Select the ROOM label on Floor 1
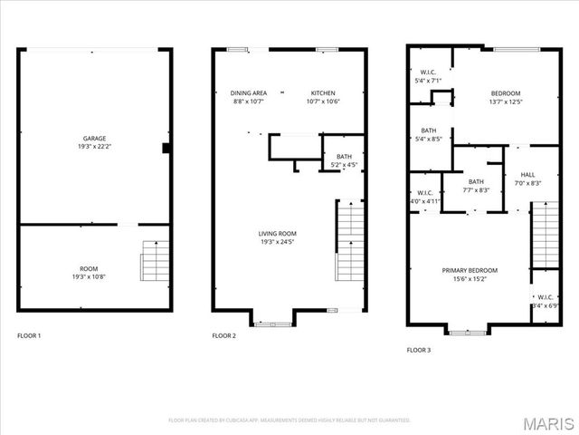pos(88,268)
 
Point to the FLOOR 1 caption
pos(29,336)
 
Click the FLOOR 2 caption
pos(223,336)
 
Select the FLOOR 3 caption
pos(418,349)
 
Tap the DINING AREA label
pos(248,92)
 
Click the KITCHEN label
pos(323,92)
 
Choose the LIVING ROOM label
pos(277,234)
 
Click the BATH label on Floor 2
pos(345,157)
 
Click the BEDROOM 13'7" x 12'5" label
pos(506,93)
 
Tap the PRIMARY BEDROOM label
pos(470,270)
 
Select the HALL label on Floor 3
pos(527,175)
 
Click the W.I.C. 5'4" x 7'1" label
pos(428,72)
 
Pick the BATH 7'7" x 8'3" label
pos(476,182)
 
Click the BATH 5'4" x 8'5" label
pos(428,130)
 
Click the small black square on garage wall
pos(166,148)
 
